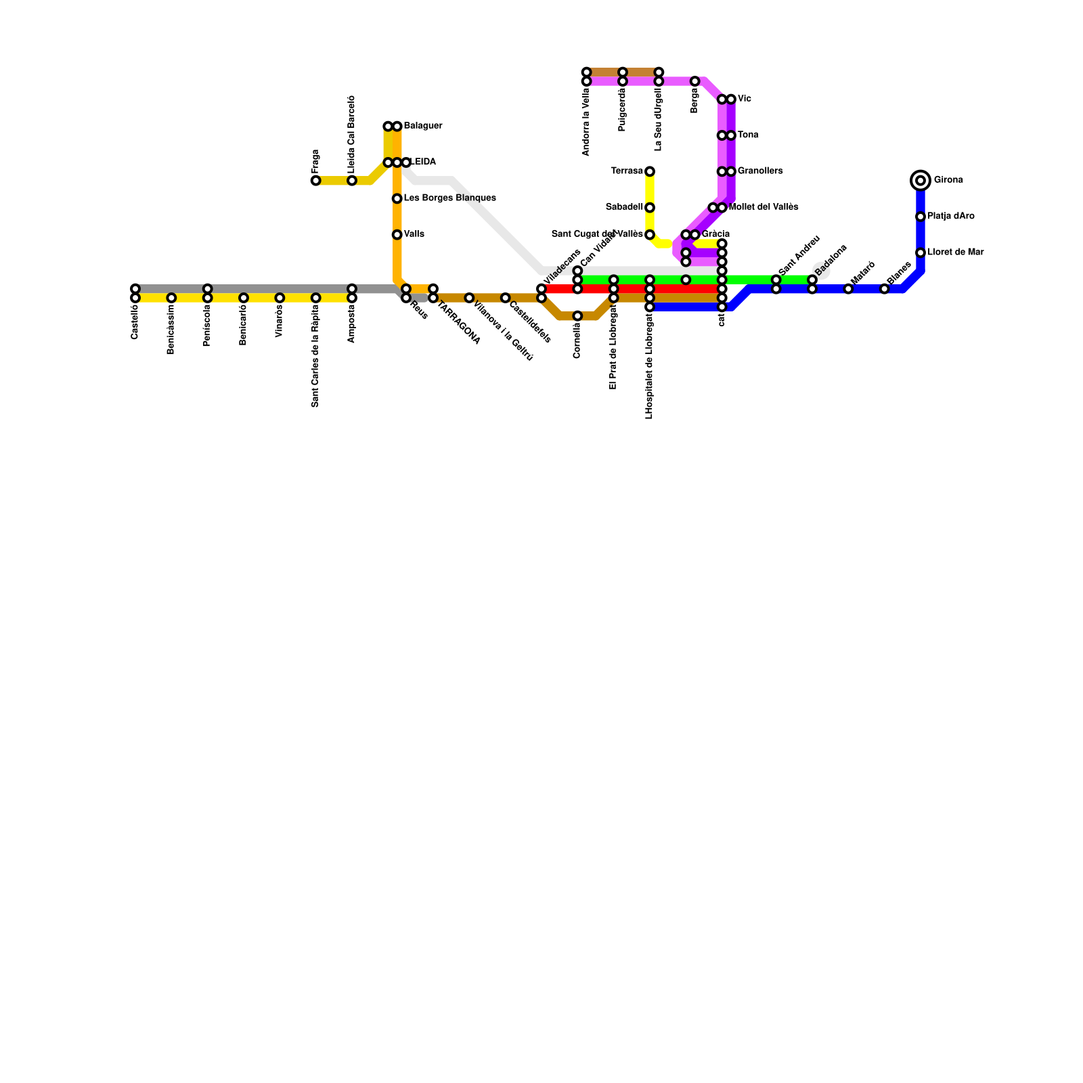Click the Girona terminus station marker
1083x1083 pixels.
[x=921, y=181]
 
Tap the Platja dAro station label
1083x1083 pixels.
[x=951, y=217]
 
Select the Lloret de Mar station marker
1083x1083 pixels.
[x=921, y=253]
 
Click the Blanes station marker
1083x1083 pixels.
[x=884, y=289]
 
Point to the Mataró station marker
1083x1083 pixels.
[x=848, y=289]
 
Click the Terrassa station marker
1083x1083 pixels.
[x=650, y=172]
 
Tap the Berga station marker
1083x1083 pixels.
[x=694, y=81]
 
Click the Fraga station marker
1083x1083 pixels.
[x=315, y=181]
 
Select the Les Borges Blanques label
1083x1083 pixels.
[x=450, y=198]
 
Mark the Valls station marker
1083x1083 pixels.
[x=397, y=235]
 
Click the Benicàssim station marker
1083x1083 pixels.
[x=171, y=298]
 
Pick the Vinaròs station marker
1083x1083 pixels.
[x=280, y=298]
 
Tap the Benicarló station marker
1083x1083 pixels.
[x=244, y=298]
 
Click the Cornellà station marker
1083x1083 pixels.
[x=577, y=316]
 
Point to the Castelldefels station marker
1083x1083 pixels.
[x=505, y=298]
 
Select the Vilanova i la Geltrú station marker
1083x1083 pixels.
[x=469, y=298]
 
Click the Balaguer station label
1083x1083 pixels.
[x=423, y=127]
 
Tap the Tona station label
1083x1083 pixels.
[x=748, y=135]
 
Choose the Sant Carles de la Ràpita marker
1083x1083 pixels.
[x=315, y=298]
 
